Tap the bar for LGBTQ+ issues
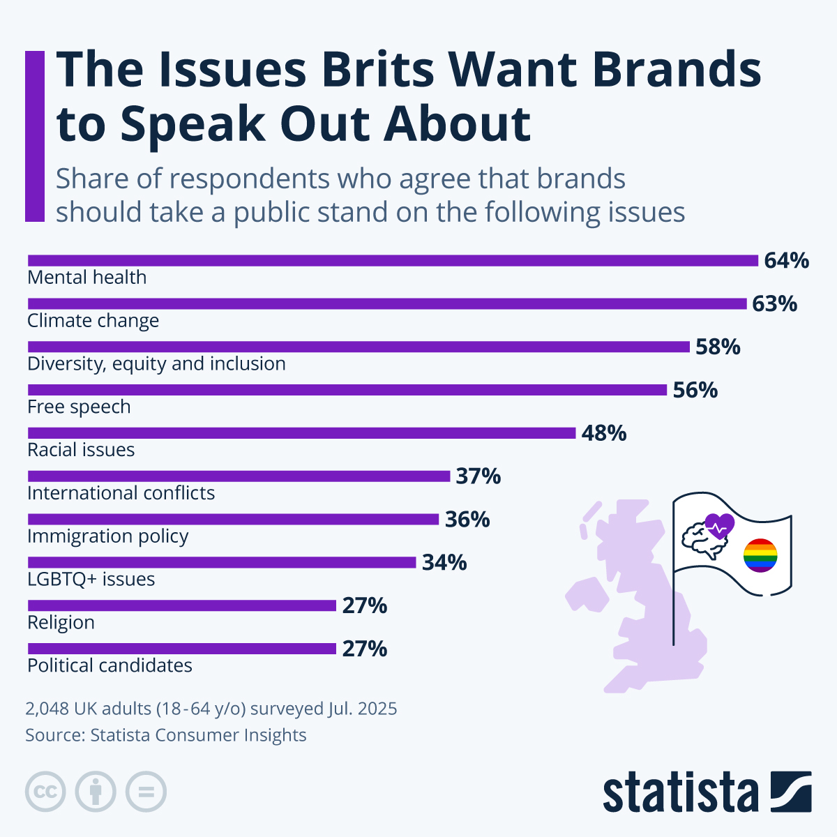pos(222,562)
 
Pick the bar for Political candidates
pos(181,649)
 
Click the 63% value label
pos(774,304)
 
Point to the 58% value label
pos(718,347)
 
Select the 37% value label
pos(478,476)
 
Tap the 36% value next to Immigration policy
pos(467,520)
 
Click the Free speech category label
pos(79,407)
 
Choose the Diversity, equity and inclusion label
pos(156,363)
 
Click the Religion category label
pos(61,622)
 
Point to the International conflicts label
pos(121,493)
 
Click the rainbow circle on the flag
pos(760,555)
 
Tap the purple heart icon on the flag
pos(720,525)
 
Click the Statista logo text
pos(680,792)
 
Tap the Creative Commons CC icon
pos(45,792)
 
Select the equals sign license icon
pos(146,792)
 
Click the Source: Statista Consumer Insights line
pos(166,735)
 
